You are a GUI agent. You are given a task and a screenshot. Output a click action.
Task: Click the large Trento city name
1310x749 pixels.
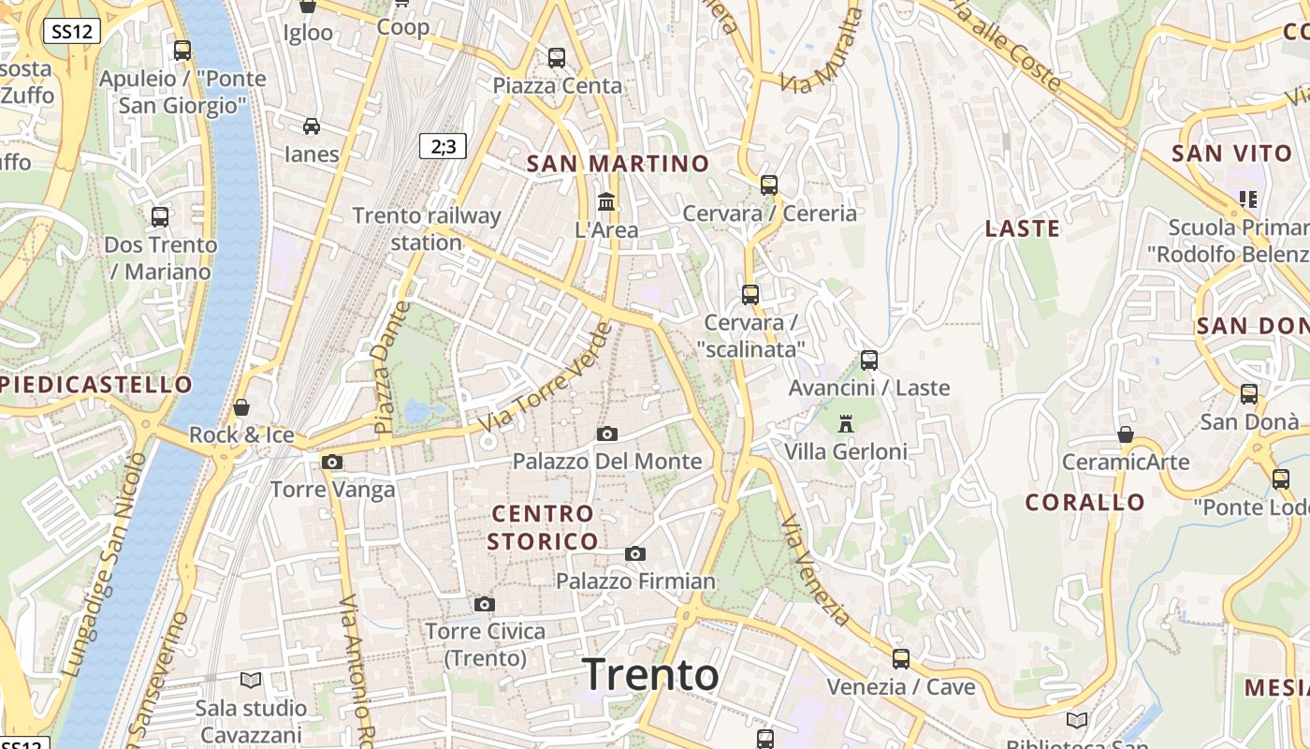(650, 674)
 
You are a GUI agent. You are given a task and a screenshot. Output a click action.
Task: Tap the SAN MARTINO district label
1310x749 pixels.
(618, 164)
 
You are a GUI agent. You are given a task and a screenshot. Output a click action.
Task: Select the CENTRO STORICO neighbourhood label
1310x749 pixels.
(543, 527)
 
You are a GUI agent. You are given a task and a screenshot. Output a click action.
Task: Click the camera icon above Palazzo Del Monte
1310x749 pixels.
(607, 433)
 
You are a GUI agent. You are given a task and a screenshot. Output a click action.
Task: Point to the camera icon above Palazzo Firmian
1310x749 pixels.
(635, 553)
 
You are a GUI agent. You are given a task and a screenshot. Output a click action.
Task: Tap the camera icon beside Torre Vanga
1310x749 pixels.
(331, 462)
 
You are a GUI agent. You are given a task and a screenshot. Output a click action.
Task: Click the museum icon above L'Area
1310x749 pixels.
(606, 201)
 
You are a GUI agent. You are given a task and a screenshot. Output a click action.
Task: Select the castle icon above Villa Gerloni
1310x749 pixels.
(846, 424)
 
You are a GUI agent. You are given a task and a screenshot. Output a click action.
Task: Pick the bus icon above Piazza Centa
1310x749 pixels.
(557, 58)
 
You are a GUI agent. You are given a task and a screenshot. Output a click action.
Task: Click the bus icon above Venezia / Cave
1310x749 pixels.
(900, 659)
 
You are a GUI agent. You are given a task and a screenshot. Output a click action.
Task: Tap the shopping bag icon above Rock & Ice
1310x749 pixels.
(241, 407)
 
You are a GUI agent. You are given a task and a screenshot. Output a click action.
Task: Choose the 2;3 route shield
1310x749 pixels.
(443, 146)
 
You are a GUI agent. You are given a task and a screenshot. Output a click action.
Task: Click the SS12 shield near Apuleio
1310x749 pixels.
(71, 31)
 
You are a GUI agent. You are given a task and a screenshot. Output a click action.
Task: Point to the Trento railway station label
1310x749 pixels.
(427, 228)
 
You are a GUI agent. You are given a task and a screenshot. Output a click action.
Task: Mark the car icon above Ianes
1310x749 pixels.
(311, 126)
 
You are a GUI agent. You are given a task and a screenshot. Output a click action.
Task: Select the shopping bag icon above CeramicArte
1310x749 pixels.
(1126, 434)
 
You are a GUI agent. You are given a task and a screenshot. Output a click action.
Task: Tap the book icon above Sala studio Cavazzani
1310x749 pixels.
(250, 680)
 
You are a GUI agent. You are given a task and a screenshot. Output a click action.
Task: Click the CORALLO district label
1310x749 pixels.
(1084, 503)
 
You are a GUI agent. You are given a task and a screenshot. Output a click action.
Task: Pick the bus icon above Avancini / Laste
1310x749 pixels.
(869, 360)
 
